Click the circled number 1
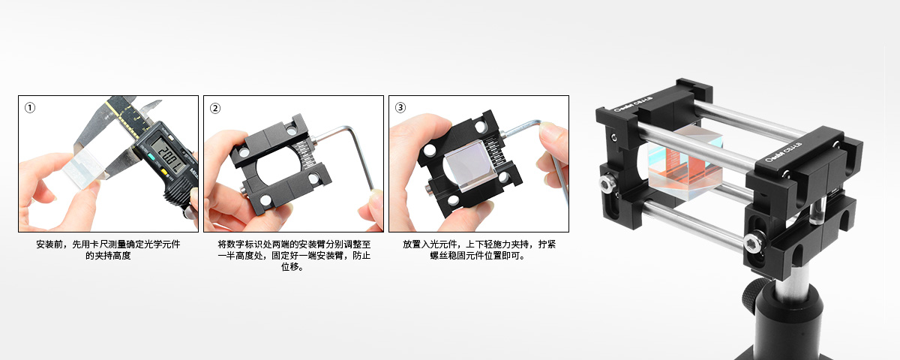click(30, 108)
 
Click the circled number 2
click(215, 109)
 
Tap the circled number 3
click(400, 108)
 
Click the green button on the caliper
click(151, 157)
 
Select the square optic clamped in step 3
click(469, 165)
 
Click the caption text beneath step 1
click(108, 250)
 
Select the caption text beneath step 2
click(294, 256)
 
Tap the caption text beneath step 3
click(479, 250)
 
